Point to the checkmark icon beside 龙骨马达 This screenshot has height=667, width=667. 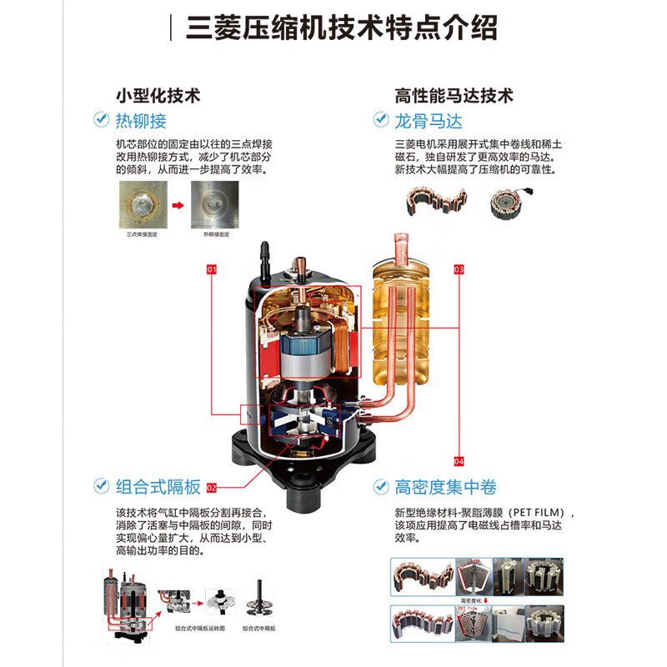tap(381, 120)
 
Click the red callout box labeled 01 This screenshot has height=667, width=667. tap(212, 270)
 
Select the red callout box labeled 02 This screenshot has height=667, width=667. tap(212, 487)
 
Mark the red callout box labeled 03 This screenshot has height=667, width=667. tap(459, 270)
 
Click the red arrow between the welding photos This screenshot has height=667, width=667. tap(177, 205)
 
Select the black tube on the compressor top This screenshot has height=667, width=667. tap(266, 253)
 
